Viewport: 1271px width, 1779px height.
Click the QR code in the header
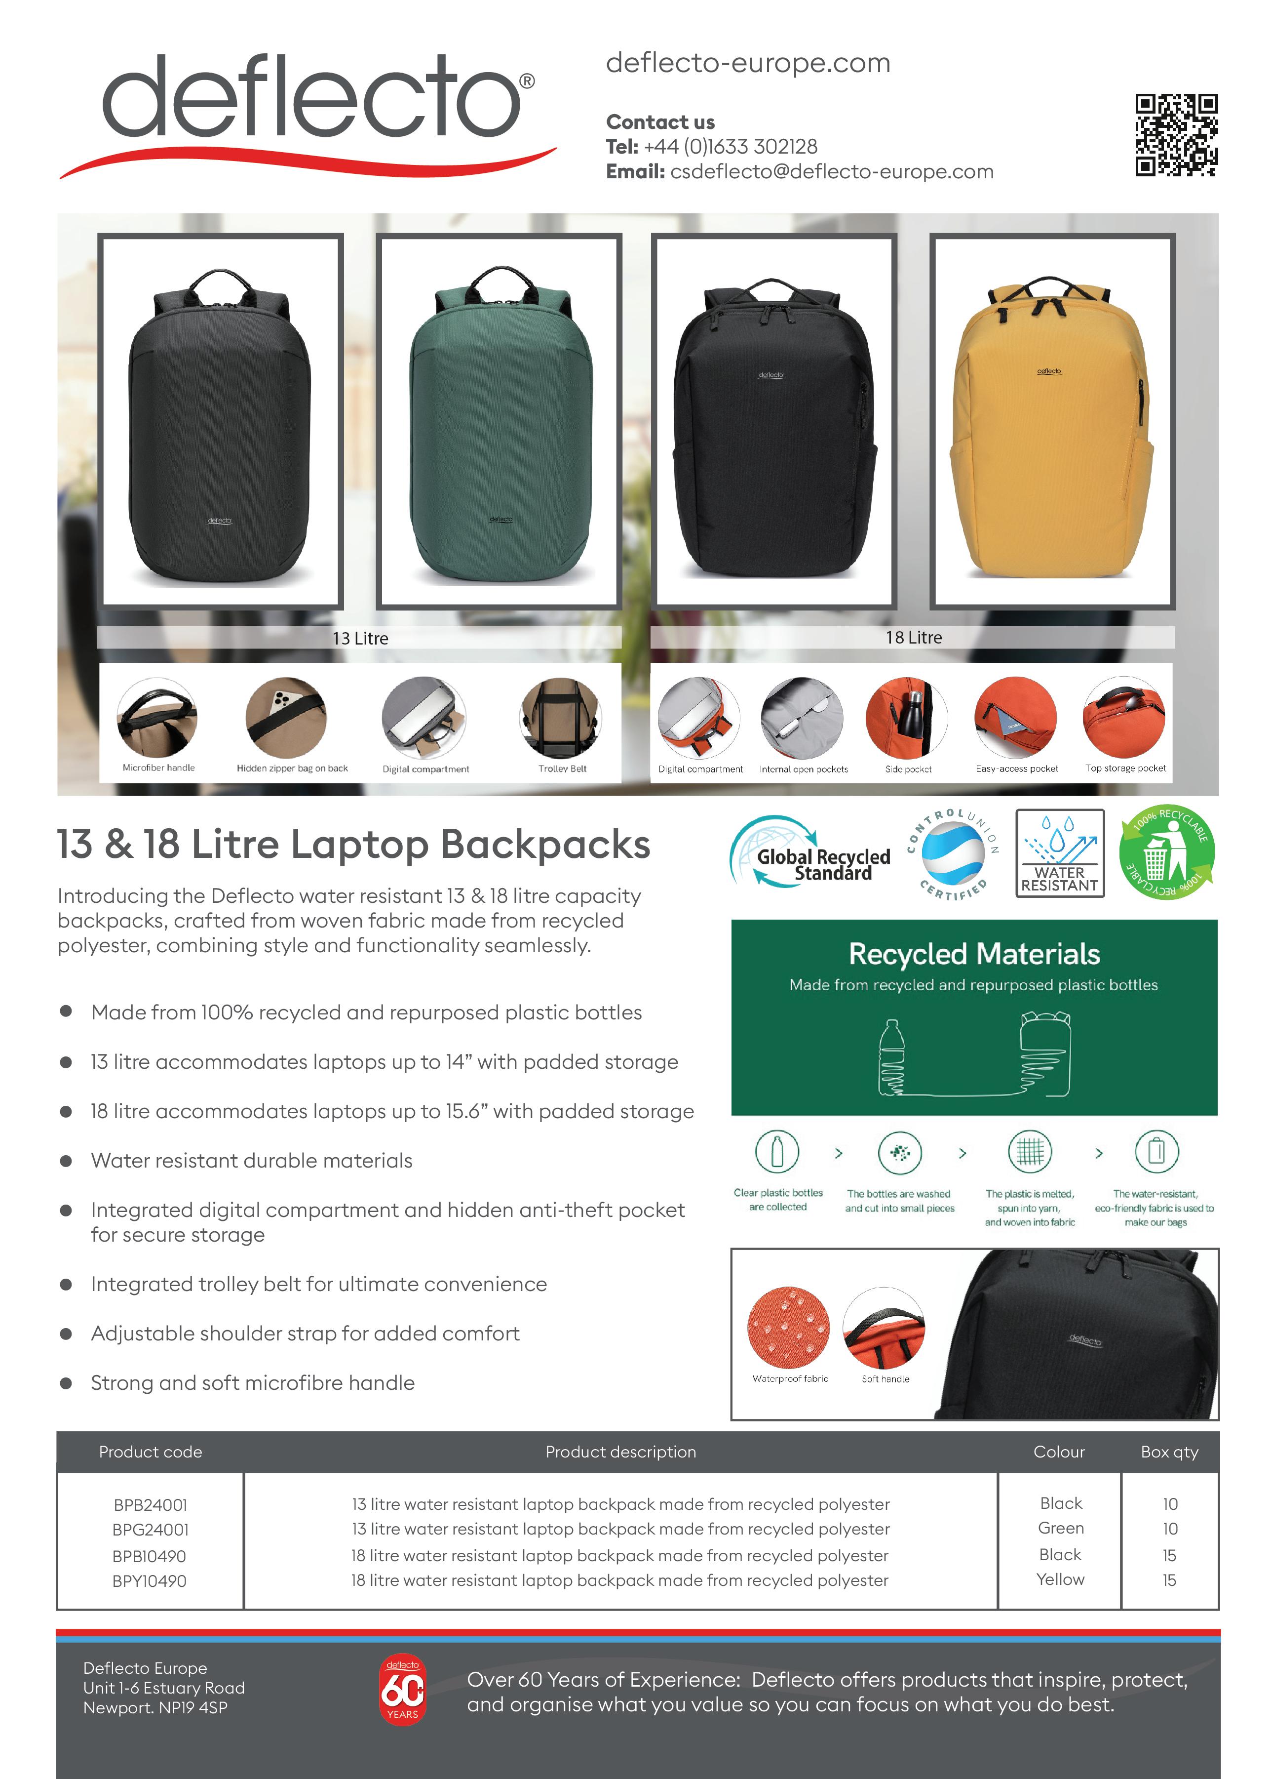coord(1176,135)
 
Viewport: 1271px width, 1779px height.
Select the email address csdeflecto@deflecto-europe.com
coord(831,171)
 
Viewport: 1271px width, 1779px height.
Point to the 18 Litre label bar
coord(913,638)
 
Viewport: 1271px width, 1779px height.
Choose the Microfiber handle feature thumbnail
coord(157,717)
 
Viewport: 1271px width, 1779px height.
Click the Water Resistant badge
coord(1060,853)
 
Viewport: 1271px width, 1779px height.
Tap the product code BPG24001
coord(150,1529)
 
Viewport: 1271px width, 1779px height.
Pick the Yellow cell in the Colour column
coord(1060,1579)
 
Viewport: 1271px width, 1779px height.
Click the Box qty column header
coord(1169,1452)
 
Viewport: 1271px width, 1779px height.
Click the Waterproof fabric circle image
coord(788,1327)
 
